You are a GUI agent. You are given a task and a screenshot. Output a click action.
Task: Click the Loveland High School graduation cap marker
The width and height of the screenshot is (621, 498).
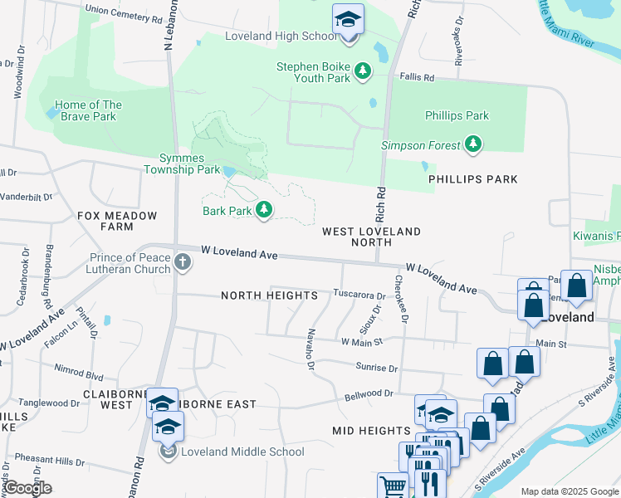tap(348, 19)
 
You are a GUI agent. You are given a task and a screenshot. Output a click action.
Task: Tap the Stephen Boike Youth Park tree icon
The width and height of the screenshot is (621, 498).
tap(363, 72)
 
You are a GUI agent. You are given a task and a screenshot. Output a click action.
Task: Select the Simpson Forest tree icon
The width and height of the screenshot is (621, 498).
tap(473, 145)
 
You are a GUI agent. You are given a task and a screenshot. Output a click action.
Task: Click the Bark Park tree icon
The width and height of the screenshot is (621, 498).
tap(264, 210)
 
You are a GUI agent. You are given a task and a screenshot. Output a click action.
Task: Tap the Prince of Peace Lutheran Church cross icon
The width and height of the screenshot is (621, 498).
tap(183, 263)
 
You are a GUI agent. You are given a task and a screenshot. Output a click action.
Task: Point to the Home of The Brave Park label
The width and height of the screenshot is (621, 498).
tap(88, 110)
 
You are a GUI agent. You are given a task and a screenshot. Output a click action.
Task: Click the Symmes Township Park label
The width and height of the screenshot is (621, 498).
tap(182, 164)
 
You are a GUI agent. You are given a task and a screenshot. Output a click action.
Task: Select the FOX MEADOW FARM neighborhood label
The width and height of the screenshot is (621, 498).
tap(105, 221)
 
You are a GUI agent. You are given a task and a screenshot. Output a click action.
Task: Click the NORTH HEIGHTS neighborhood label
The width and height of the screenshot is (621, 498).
tap(269, 295)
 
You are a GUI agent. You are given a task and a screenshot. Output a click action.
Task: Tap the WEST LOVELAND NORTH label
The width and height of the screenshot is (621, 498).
tap(371, 237)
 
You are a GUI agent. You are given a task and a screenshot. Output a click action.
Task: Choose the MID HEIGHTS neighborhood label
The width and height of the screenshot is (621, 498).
tap(371, 431)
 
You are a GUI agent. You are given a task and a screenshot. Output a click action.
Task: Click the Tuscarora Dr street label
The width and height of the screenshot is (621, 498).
tap(359, 295)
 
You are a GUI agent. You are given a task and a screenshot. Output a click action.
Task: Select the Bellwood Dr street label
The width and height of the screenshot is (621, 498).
tap(369, 393)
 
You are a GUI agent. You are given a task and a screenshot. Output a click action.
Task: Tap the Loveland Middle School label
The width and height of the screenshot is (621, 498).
tap(232, 452)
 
